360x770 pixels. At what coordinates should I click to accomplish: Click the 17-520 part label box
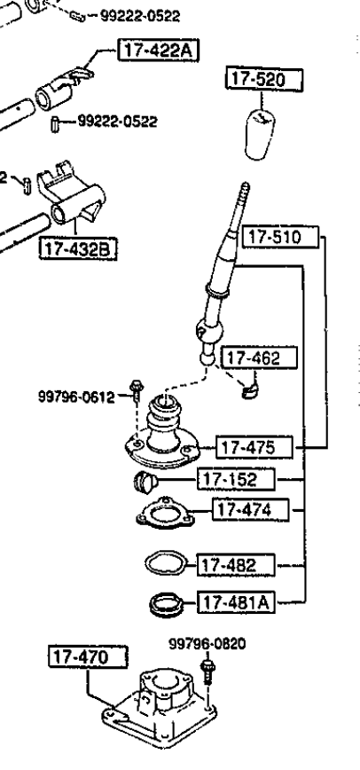[x=264, y=80]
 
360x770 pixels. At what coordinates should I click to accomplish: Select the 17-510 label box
[x=281, y=238]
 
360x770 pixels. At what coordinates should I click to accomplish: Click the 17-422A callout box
[x=158, y=50]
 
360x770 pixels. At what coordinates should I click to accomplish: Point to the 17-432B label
[x=78, y=249]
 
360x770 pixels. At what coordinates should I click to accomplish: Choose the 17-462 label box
[x=260, y=358]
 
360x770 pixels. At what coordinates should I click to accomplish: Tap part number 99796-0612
[x=76, y=397]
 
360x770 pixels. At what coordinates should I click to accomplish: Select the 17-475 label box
[x=254, y=448]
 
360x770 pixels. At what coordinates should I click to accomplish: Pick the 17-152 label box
[x=236, y=479]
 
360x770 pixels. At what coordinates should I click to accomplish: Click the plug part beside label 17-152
[x=145, y=482]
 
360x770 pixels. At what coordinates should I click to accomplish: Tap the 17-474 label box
[x=250, y=510]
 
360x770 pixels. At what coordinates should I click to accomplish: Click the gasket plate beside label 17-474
[x=166, y=514]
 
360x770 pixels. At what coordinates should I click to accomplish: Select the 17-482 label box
[x=236, y=565]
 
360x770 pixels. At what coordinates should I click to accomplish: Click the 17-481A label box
[x=236, y=602]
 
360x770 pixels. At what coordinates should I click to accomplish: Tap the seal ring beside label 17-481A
[x=166, y=604]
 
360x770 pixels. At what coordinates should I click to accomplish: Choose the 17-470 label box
[x=88, y=657]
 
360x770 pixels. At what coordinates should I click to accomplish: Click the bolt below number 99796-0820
[x=207, y=672]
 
